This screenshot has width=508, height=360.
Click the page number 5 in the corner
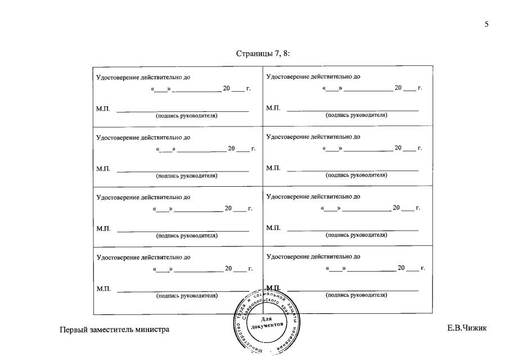tap(486, 24)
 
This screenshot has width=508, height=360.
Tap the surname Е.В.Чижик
tap(467, 328)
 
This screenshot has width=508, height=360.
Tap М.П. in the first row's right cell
tap(273, 107)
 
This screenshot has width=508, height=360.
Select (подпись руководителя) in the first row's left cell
tap(187, 115)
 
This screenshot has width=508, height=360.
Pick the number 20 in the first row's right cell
tap(398, 88)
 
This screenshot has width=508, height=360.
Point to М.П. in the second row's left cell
tap(104, 168)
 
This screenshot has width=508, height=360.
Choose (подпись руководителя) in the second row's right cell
tap(356, 175)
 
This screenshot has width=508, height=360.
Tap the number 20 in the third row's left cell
tap(228, 209)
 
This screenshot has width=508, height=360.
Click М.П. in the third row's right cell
tap(273, 227)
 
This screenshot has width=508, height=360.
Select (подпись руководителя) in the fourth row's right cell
tap(356, 295)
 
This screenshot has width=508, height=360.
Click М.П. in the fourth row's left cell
tap(104, 289)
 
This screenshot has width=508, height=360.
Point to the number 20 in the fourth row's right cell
tap(401, 268)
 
